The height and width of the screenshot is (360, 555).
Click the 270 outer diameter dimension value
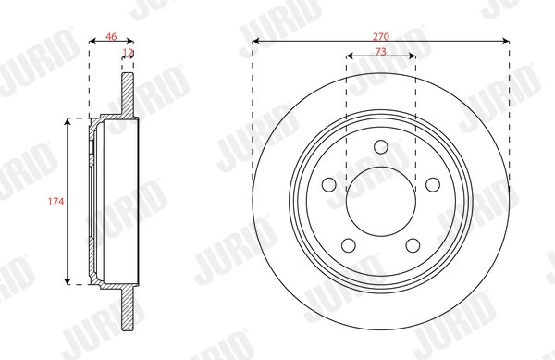[381, 34]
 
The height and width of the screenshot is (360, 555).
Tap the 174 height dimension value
[56, 201]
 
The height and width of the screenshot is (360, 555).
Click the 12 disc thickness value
[128, 54]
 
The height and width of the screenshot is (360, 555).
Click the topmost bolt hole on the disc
[381, 145]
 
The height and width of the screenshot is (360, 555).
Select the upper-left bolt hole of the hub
[327, 184]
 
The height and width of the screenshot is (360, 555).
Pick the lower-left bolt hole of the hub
[348, 245]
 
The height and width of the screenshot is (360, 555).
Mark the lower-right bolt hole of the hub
[413, 245]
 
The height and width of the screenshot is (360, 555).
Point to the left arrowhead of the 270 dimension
[256, 42]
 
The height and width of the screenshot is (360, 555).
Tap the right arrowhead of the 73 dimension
[412, 57]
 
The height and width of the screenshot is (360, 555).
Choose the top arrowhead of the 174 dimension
[68, 123]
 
